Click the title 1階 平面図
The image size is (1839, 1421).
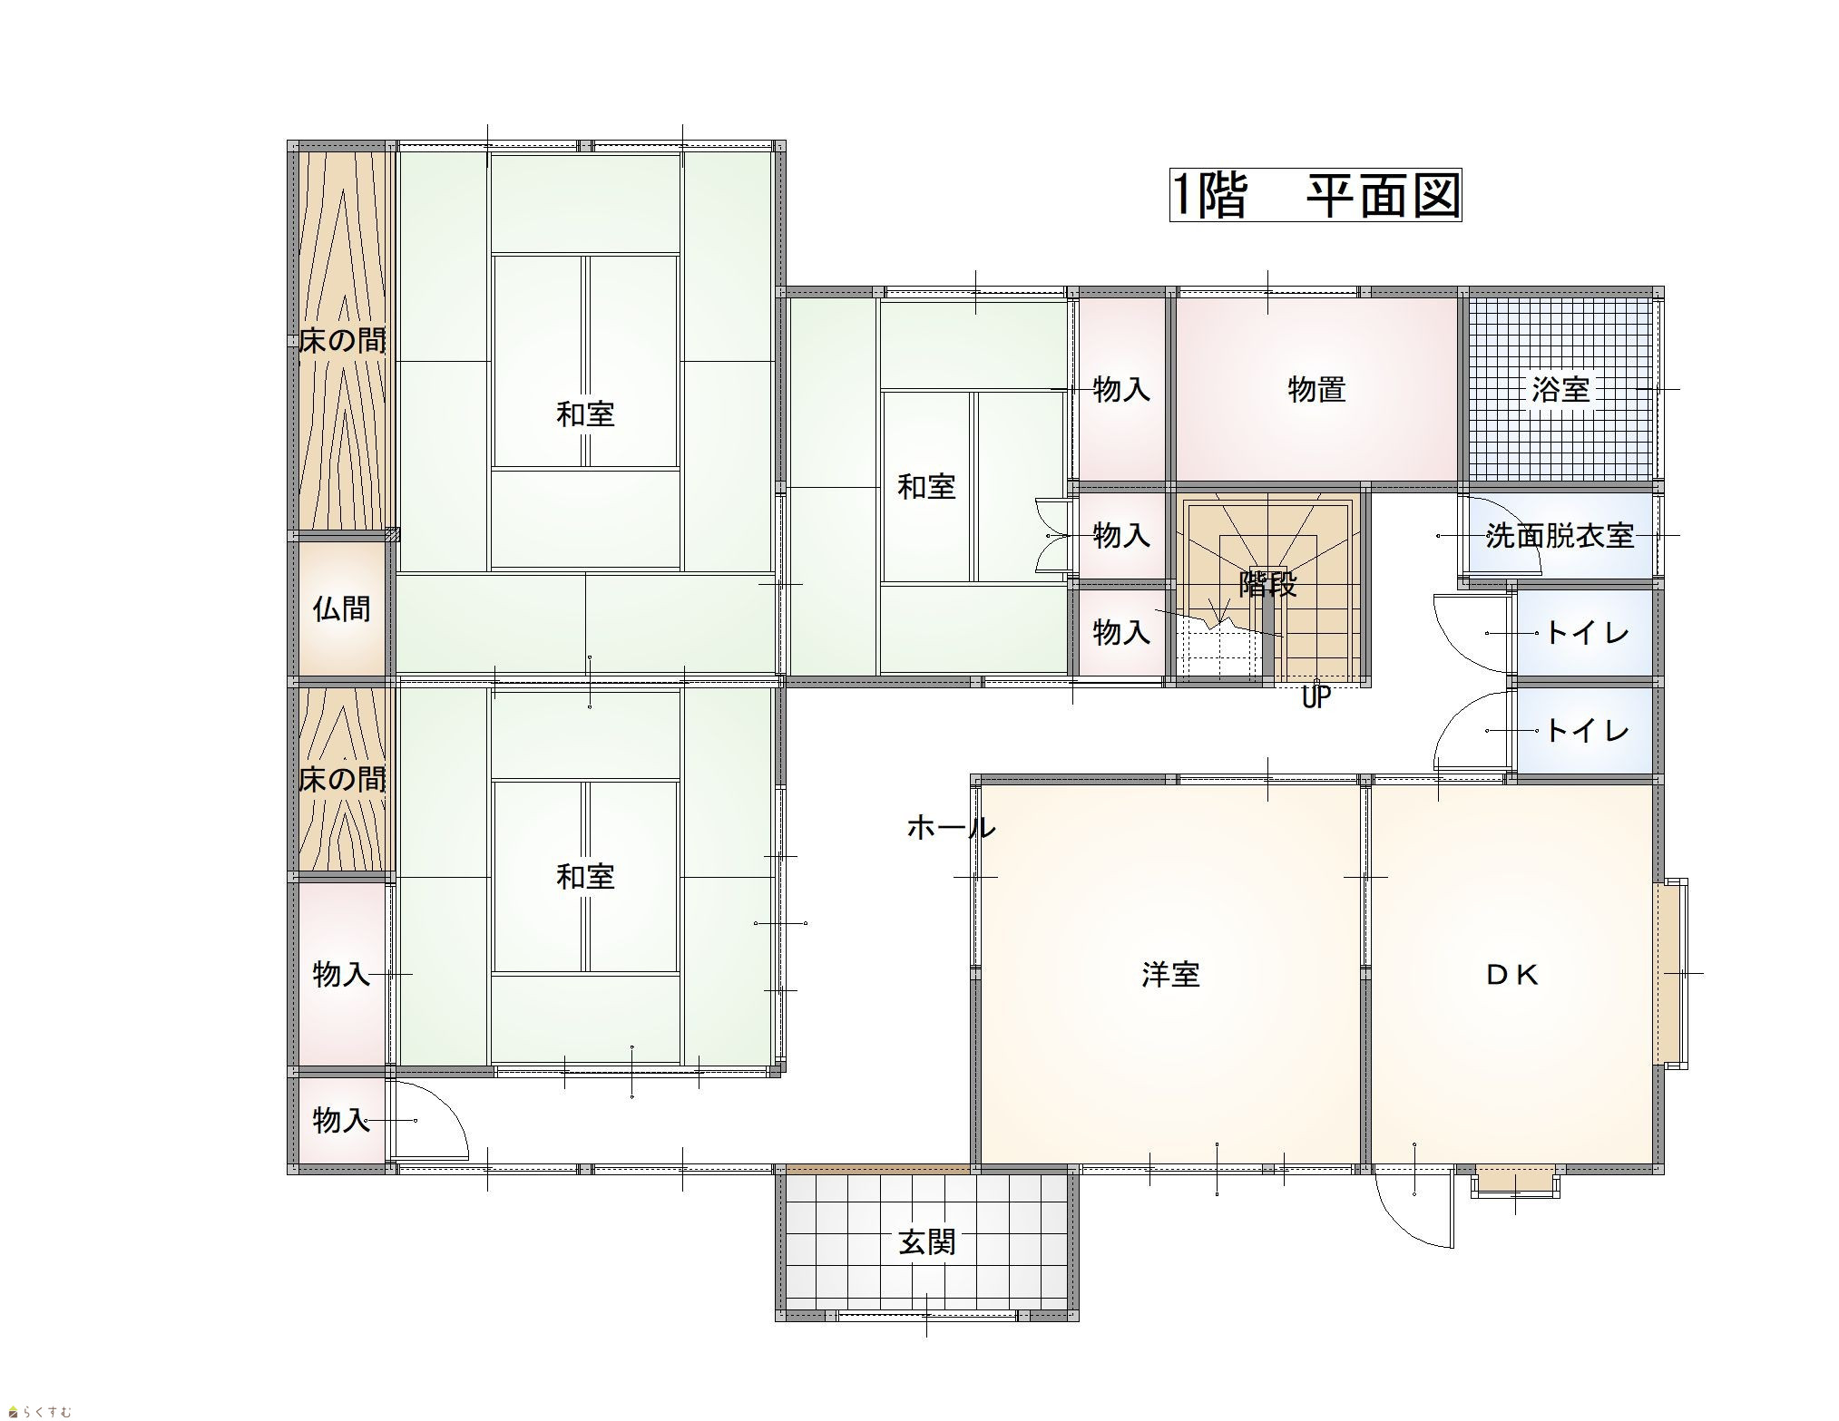click(1315, 196)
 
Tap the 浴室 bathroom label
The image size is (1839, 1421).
click(1560, 390)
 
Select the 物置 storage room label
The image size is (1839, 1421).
click(1316, 390)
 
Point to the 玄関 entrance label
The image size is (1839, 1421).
click(927, 1241)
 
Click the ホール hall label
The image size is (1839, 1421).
click(952, 828)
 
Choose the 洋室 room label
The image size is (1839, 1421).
click(1170, 975)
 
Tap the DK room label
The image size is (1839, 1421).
click(1512, 975)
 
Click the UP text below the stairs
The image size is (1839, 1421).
click(1316, 699)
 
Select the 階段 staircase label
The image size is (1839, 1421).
click(1268, 586)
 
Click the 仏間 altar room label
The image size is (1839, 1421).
click(342, 608)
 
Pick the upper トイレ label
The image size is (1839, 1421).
click(1587, 633)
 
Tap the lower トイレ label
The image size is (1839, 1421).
click(1587, 730)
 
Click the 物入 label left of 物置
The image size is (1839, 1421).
click(1121, 390)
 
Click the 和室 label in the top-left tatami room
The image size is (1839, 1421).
click(585, 414)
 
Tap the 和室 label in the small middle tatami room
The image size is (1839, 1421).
click(926, 487)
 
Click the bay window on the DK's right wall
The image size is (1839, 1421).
click(1670, 973)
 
